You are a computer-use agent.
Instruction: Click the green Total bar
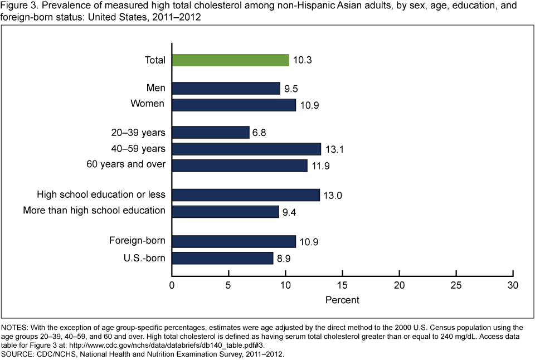click(x=230, y=60)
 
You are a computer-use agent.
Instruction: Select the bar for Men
click(x=226, y=88)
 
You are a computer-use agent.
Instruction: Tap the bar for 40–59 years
click(x=246, y=149)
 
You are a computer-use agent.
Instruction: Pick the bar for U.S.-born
click(x=222, y=258)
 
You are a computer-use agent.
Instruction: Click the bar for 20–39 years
click(x=210, y=132)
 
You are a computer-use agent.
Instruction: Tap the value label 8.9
click(x=285, y=258)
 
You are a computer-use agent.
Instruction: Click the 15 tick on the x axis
click(x=342, y=285)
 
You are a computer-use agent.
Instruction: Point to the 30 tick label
click(x=513, y=285)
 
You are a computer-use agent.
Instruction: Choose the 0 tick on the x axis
click(x=172, y=285)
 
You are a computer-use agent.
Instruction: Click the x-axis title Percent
click(x=342, y=300)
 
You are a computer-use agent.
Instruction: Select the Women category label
click(x=147, y=104)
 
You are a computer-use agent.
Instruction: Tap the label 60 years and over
click(x=125, y=165)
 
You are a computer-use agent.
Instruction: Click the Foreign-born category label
click(x=137, y=241)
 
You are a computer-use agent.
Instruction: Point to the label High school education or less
click(x=101, y=194)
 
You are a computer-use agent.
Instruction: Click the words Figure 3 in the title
click(x=20, y=6)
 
